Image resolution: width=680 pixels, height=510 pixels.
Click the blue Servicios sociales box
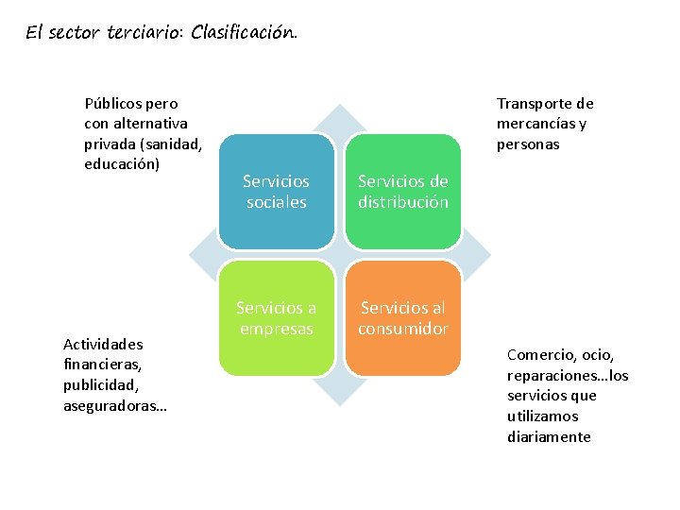[276, 192]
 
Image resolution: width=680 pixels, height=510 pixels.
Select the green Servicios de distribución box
[402, 192]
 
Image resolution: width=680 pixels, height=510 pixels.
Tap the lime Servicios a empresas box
[276, 318]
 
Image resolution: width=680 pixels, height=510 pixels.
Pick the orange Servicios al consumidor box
[402, 318]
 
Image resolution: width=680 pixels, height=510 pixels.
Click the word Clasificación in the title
[244, 33]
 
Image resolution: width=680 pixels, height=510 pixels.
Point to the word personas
[528, 144]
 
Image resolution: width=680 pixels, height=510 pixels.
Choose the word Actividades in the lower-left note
[104, 344]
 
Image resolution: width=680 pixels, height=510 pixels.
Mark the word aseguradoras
[111, 405]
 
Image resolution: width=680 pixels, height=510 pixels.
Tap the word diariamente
[549, 436]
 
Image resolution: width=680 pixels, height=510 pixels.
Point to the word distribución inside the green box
[402, 202]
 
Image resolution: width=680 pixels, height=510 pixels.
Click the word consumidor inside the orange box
[402, 329]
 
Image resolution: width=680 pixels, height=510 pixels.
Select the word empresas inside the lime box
[276, 329]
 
